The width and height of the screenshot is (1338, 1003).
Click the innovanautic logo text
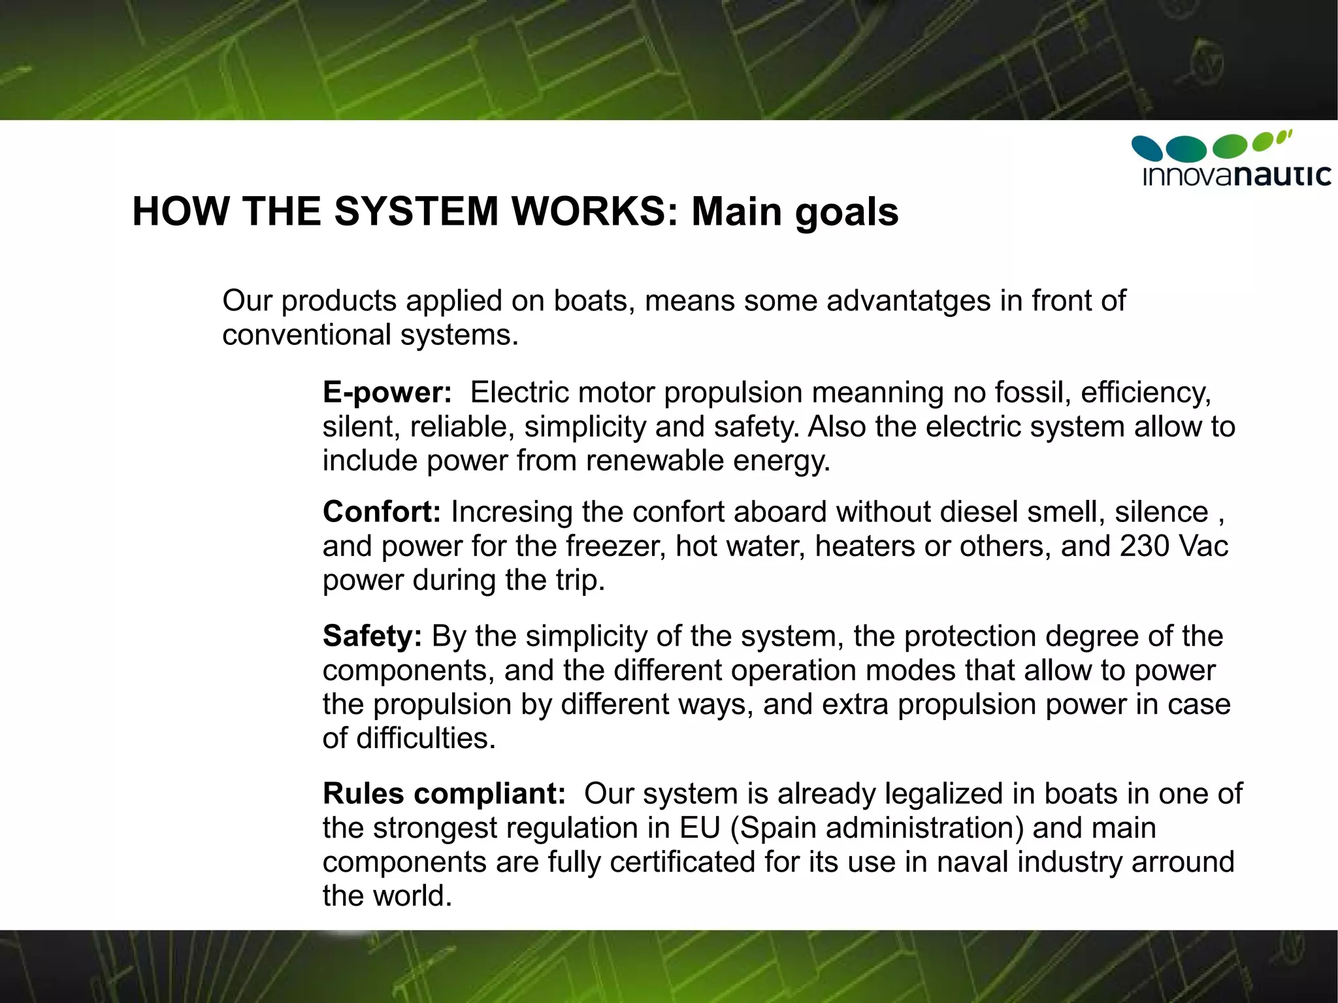(1237, 176)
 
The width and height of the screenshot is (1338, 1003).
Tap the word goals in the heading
(847, 213)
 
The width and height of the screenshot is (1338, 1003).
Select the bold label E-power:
(387, 392)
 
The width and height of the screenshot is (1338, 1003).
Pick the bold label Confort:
(382, 512)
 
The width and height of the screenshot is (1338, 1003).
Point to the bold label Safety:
(372, 636)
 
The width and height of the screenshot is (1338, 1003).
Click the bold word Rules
(363, 793)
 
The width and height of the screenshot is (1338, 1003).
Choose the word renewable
(655, 460)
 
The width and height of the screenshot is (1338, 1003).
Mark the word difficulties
(426, 738)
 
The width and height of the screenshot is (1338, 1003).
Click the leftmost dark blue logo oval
(1147, 148)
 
